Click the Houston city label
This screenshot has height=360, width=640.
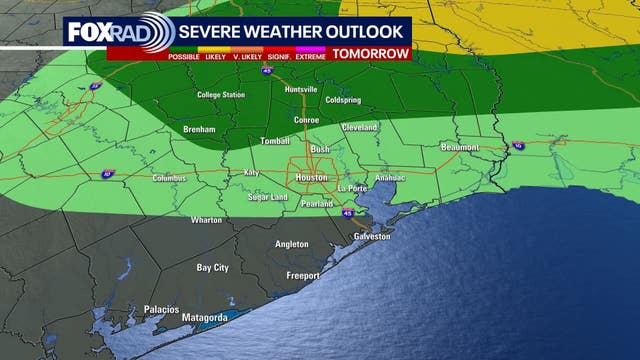[310, 177]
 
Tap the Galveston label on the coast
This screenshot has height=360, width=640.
[371, 236]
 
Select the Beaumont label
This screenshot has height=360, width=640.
[460, 147]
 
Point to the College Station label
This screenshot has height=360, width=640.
[222, 95]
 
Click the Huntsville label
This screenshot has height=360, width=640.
[300, 89]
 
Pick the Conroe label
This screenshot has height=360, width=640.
[305, 121]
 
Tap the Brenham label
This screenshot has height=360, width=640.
[201, 130]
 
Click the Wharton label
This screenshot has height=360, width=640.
[206, 219]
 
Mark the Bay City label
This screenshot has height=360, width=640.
[212, 268]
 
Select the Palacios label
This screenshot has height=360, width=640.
[160, 309]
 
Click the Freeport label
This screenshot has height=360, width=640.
[302, 275]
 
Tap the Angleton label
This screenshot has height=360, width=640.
[292, 244]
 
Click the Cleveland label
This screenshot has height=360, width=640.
[359, 128]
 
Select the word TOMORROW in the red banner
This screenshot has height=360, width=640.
[371, 53]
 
